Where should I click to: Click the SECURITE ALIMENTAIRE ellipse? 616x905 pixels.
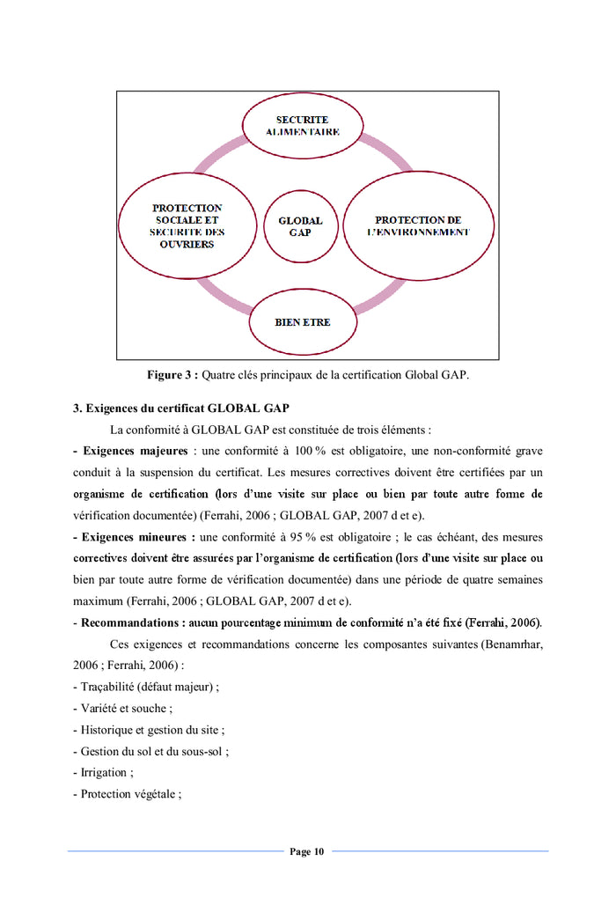(303, 125)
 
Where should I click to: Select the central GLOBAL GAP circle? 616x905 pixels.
(300, 226)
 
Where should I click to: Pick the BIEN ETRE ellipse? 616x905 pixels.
(303, 322)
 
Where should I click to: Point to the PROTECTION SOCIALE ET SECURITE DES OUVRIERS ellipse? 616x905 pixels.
(187, 225)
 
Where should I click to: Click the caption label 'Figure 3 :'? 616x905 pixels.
(172, 375)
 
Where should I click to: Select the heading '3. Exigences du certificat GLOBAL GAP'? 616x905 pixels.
(180, 408)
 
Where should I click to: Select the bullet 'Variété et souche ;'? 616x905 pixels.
(122, 708)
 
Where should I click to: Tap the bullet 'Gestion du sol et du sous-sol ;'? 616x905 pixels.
(151, 751)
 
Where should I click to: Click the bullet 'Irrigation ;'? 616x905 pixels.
(104, 773)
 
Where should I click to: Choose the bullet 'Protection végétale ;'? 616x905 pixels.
(128, 794)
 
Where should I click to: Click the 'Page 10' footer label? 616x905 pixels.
(307, 851)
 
